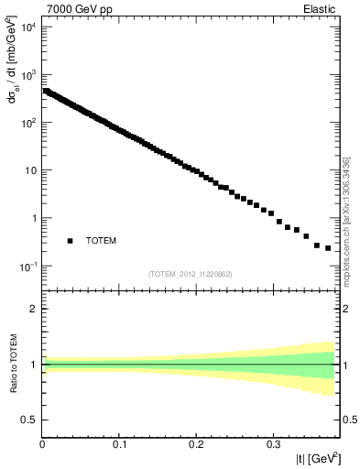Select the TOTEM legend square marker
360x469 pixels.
point(70,241)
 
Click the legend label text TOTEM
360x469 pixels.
point(102,241)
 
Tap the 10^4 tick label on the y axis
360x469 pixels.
point(27,27)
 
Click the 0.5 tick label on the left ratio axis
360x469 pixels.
point(30,420)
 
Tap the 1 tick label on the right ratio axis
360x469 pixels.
point(346,365)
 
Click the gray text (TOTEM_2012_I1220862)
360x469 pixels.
point(191,274)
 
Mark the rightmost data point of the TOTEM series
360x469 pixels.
point(328,248)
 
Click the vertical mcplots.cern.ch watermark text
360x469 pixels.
point(346,220)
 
